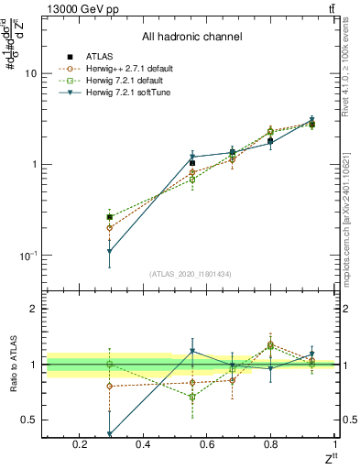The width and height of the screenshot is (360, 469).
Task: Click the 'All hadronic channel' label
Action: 191,37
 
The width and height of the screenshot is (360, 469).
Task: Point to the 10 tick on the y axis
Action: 32,73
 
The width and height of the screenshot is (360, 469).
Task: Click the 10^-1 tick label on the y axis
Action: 30,256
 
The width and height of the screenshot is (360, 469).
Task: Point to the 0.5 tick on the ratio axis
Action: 31,420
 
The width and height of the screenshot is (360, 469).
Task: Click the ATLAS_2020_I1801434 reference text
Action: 191,274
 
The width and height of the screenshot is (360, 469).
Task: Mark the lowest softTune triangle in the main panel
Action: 110,251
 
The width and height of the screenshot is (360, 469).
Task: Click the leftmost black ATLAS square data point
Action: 110,217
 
